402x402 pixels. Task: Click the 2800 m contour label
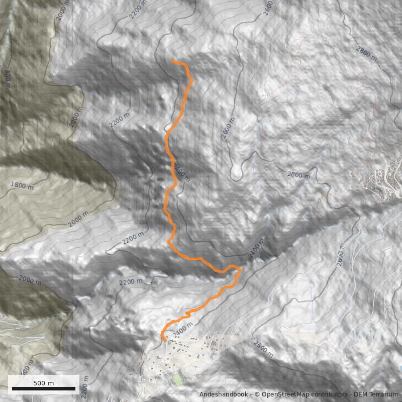pyautogui.click(x=366, y=53)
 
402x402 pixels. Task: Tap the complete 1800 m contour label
pyautogui.click(x=21, y=185)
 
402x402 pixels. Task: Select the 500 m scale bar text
pyautogui.click(x=44, y=383)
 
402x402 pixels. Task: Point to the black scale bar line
pyautogui.click(x=44, y=389)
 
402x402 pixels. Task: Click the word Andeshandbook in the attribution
pyautogui.click(x=223, y=395)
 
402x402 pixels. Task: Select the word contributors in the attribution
pyautogui.click(x=327, y=395)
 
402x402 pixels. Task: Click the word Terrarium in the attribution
pyautogui.click(x=381, y=395)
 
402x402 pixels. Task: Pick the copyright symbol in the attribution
pyautogui.click(x=257, y=395)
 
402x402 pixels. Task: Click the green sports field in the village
pyautogui.click(x=177, y=379)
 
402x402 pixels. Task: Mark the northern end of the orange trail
pyautogui.click(x=172, y=61)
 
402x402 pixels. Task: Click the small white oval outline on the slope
pyautogui.click(x=246, y=128)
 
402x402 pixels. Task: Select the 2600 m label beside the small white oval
pyautogui.click(x=228, y=128)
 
